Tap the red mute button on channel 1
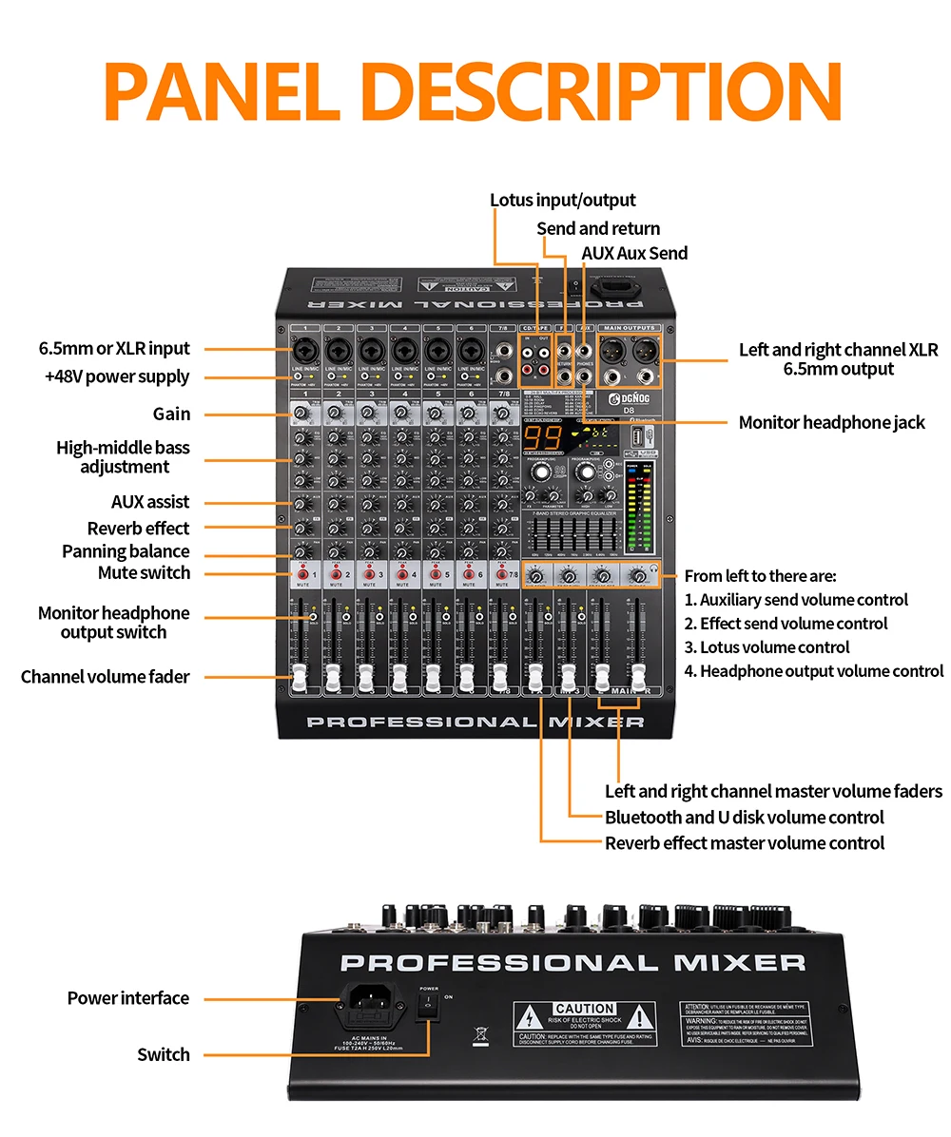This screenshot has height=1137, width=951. pos(301,574)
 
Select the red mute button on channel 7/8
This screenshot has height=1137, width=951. pos(501,574)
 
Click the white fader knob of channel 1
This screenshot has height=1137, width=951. pos(301,676)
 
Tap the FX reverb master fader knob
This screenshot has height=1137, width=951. pos(536,677)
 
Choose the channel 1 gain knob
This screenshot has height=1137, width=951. pos(301,412)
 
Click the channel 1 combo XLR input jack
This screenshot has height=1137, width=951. pos(302,352)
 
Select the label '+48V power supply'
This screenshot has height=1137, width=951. pos(117,376)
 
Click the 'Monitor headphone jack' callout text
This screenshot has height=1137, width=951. pos(831,422)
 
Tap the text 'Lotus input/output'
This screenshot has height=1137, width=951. pos(562,200)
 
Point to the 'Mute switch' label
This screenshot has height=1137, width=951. pos(144,572)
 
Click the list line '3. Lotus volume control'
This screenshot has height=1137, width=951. pos(767,647)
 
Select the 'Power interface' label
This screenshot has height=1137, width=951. pos(127,997)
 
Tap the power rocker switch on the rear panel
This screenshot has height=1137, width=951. pos(429,1008)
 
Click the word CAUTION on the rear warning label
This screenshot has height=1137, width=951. pos(585,1008)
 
